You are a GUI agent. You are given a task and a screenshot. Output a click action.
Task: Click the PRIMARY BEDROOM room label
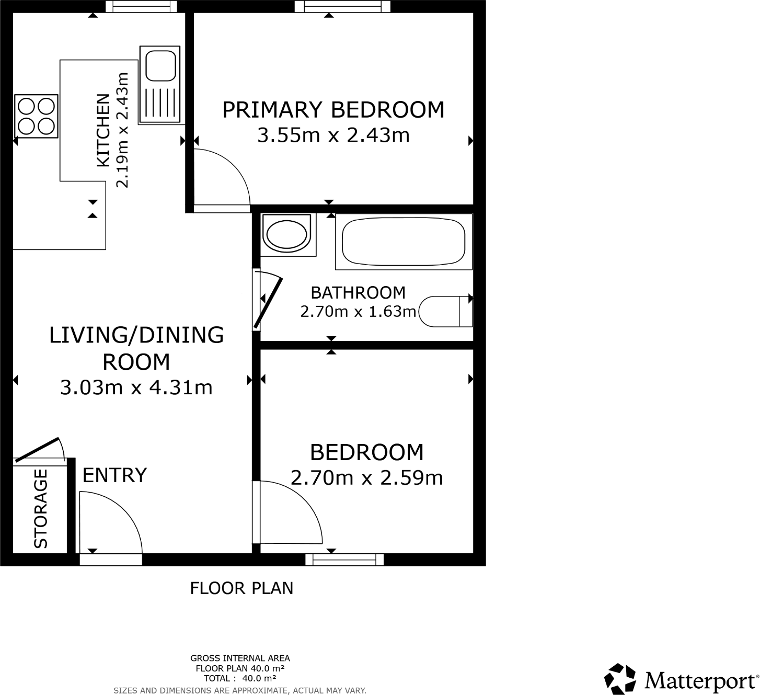[x=333, y=110]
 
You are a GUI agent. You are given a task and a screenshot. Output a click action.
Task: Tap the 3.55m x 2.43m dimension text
[x=333, y=135]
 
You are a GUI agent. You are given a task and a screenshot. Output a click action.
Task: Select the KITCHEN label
[x=103, y=130]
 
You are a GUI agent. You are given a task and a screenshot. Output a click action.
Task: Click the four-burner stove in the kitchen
[x=36, y=116]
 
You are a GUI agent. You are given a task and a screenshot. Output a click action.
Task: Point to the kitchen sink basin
[x=160, y=65]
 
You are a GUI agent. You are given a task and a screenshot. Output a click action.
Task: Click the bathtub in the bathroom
[x=403, y=241]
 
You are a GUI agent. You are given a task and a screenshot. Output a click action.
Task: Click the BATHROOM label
[x=358, y=292]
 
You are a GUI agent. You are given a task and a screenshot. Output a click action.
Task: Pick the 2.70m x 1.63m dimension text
[x=358, y=312]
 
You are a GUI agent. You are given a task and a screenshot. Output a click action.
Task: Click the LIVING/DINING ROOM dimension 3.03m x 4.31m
[x=136, y=388]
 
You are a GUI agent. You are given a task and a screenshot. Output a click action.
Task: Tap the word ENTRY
[x=114, y=475]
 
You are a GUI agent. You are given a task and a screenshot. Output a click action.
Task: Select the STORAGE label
[x=41, y=508]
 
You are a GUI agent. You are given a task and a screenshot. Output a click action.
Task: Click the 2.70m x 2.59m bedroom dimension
[x=366, y=478]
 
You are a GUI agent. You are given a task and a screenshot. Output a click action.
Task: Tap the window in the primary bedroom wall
[x=342, y=6]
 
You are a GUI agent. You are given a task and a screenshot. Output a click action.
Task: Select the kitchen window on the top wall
[x=141, y=6]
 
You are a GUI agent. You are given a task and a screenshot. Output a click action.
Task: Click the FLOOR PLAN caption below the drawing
[x=241, y=588]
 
